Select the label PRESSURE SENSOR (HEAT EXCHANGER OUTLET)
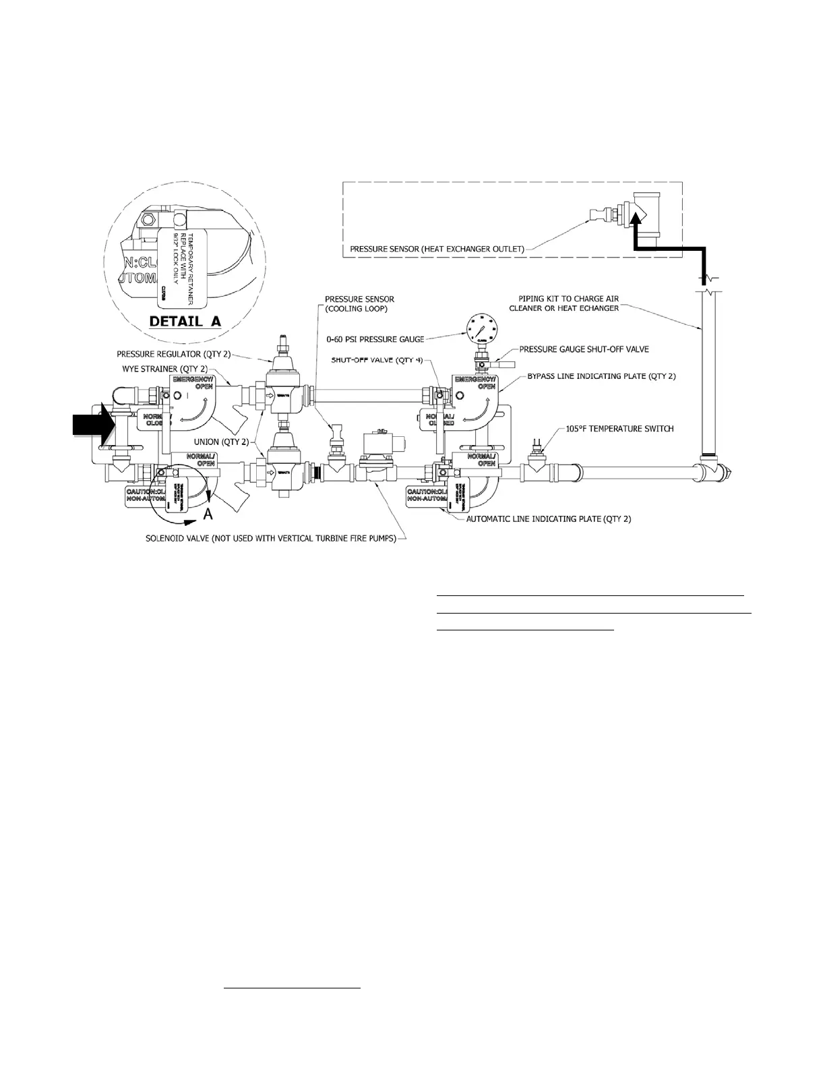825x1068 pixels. (x=436, y=249)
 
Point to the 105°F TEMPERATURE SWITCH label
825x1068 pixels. (x=619, y=428)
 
